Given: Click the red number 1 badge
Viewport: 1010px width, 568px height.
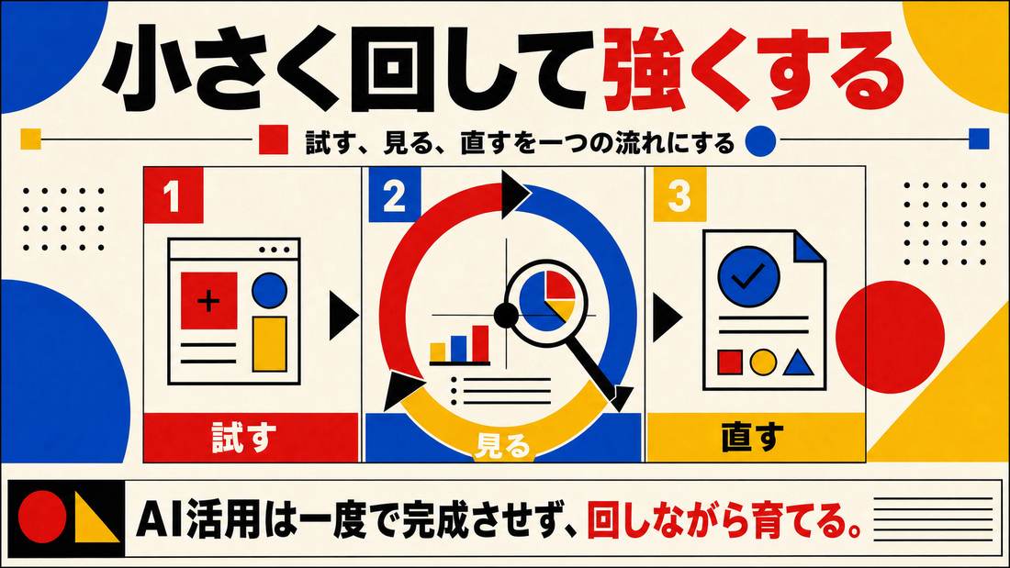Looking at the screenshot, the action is [x=174, y=195].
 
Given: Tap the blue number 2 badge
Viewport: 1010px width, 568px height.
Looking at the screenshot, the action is [x=394, y=195].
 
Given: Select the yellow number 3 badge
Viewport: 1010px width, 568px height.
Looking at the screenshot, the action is [x=679, y=195].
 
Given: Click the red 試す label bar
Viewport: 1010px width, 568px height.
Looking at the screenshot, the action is [x=251, y=438].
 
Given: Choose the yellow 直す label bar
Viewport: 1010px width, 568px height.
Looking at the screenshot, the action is [x=756, y=438].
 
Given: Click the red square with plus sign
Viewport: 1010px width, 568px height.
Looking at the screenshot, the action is [x=208, y=301].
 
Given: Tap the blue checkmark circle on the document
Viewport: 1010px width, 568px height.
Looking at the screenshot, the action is [x=749, y=277].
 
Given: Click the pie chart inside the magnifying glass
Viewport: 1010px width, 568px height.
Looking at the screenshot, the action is [x=547, y=297].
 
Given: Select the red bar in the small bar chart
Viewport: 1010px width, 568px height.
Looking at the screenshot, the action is [x=480, y=343].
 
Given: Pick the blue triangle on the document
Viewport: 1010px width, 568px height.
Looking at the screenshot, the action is [x=799, y=362].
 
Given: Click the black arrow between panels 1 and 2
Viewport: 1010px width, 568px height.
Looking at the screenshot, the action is [x=343, y=316].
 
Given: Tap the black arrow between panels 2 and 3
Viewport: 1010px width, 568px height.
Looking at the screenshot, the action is [x=668, y=317].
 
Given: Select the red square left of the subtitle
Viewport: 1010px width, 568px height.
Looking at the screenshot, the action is [x=273, y=139].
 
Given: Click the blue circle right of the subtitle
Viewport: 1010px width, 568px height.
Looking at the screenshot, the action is [x=761, y=140].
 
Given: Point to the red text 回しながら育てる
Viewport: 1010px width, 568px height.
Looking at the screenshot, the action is [x=724, y=520].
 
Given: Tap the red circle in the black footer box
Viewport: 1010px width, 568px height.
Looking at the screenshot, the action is [x=42, y=518].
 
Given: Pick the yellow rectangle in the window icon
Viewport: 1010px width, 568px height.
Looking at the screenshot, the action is [x=269, y=344].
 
